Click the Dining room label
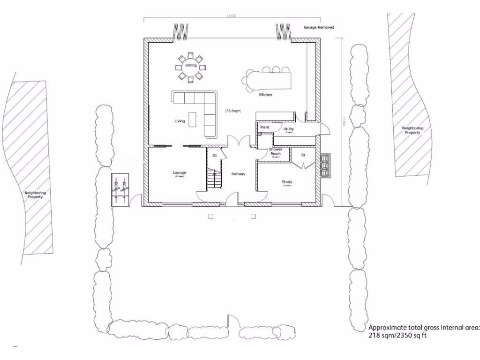[x=190, y=65]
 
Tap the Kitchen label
[x=265, y=95]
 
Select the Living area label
[x=180, y=121]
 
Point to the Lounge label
[x=180, y=173]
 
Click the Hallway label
[x=238, y=174]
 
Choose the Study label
[x=287, y=182]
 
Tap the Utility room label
[x=288, y=129]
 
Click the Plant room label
[x=264, y=127]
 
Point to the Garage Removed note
[x=319, y=28]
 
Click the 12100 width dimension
[x=231, y=16]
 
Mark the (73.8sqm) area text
[x=232, y=111]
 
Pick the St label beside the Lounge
[x=215, y=155]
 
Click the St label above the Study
[x=303, y=155]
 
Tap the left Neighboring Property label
[x=35, y=195]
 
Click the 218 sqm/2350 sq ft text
[x=398, y=335]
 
